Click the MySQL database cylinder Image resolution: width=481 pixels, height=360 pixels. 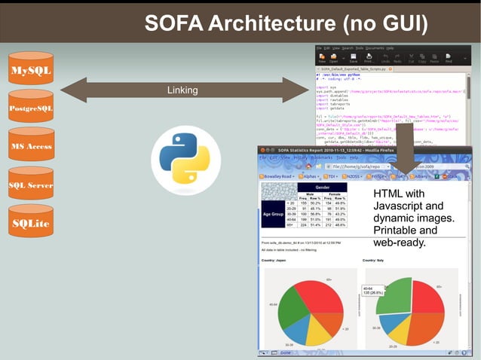pyautogui.click(x=30, y=71)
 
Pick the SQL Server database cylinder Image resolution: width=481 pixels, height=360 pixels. pyautogui.click(x=30, y=184)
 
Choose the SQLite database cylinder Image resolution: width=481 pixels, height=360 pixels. pyautogui.click(x=30, y=222)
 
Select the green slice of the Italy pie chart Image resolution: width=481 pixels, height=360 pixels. pyautogui.click(x=393, y=295)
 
